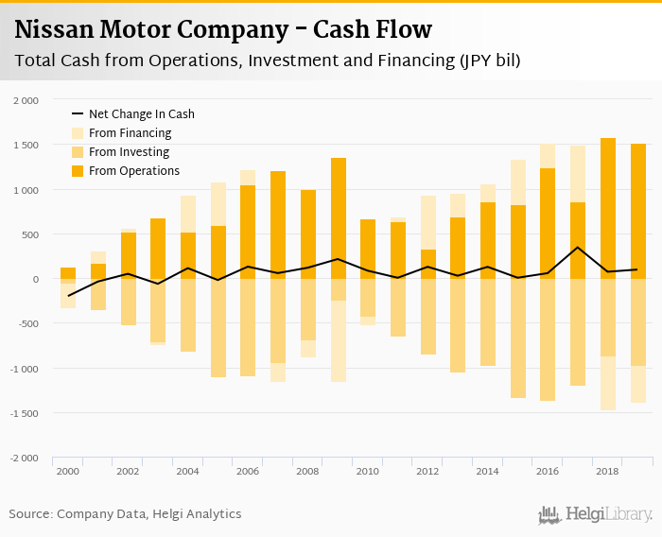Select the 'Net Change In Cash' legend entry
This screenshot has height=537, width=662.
click(141, 113)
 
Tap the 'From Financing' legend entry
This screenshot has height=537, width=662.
click(130, 133)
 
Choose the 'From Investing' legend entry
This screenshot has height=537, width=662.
click(129, 152)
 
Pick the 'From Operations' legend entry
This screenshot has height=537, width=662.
click(133, 171)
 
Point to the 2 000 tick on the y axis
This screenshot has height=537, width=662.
click(26, 100)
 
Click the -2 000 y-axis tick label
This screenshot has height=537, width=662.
click(25, 458)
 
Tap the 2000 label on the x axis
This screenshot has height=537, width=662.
click(67, 471)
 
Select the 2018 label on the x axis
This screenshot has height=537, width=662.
click(607, 471)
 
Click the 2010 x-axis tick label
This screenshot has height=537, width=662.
click(368, 471)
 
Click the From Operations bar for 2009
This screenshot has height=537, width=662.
click(338, 218)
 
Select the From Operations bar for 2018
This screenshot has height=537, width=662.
click(607, 208)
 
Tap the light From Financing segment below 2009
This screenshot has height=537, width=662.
click(338, 341)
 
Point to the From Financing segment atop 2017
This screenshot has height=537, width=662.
click(578, 174)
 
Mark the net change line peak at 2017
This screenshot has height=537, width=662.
click(578, 248)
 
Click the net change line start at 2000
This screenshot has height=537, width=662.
click(68, 296)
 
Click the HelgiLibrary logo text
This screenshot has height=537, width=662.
click(608, 515)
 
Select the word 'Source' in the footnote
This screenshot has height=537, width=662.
click(30, 514)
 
